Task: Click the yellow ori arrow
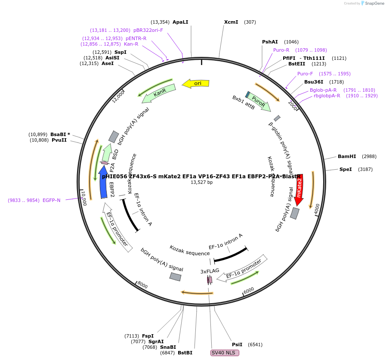[196, 83]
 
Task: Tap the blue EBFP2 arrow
[103, 183]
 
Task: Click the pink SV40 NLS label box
[225, 353]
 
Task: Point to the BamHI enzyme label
[347, 156]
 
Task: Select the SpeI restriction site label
[346, 169]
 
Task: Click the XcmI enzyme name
[231, 22]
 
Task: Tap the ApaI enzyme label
[180, 22]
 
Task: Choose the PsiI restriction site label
[237, 344]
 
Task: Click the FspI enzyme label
[148, 336]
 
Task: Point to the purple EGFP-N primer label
[52, 200]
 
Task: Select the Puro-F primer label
[305, 74]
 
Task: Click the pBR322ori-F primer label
[148, 30]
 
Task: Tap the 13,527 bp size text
[201, 182]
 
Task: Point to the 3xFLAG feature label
[210, 271]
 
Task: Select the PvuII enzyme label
[59, 140]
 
